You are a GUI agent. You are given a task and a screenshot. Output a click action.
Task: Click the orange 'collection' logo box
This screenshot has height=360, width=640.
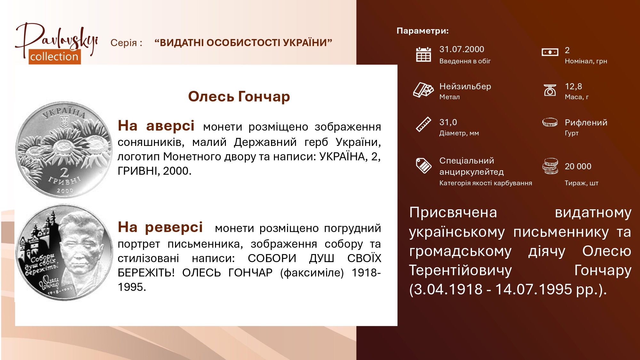coord(55,57)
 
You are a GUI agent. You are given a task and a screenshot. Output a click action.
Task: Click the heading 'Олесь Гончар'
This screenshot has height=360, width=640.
coord(239,96)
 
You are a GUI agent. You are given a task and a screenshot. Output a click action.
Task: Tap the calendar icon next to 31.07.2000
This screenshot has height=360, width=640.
coord(423,54)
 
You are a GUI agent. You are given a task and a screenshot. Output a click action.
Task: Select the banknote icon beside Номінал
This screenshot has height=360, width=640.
coord(550,52)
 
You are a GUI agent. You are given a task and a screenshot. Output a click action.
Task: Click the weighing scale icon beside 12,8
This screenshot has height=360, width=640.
coord(550,90)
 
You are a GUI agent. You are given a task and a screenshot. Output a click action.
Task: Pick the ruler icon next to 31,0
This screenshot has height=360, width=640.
coord(423,124)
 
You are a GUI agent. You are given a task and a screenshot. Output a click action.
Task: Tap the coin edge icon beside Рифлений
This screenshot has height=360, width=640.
coord(550,122)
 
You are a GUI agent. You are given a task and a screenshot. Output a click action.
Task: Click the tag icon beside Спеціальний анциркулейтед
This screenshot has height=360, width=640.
coord(423,165)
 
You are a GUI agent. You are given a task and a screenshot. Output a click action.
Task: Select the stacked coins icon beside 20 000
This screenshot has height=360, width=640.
coord(550,166)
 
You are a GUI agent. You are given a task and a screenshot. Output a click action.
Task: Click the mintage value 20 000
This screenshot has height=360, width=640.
coord(578,166)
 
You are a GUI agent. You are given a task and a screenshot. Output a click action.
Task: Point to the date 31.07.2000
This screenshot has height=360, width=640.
coord(461,49)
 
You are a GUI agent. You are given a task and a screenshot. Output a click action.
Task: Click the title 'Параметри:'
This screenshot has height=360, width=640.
coord(422,31)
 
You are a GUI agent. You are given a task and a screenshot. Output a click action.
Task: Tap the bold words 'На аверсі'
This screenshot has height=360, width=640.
coord(156,126)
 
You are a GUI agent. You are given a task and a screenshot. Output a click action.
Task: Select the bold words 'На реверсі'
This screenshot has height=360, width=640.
coord(160,227)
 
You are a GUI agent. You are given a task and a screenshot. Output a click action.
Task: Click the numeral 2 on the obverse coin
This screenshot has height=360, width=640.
coord(65,172)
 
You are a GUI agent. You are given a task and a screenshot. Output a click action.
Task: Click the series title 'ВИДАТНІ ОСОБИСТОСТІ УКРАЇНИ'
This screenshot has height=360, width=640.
coord(243,43)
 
